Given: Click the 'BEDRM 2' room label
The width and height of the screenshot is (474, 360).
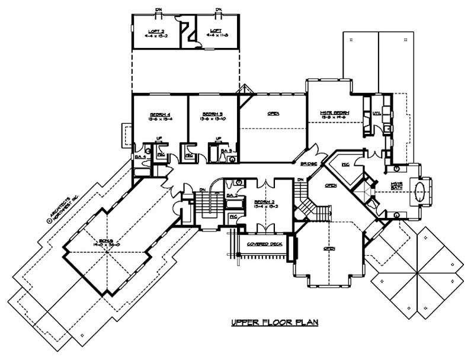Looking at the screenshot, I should click(x=261, y=201).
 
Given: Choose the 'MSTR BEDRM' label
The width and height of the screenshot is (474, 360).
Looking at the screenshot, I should click(x=335, y=112).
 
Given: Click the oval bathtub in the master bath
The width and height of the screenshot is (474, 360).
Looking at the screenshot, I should click(x=419, y=193).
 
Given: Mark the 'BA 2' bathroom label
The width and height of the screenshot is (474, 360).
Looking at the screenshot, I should click(x=233, y=194).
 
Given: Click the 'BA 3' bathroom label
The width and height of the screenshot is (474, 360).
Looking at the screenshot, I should click(x=226, y=152).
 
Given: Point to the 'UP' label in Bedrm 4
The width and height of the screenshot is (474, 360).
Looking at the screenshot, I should click(x=159, y=139).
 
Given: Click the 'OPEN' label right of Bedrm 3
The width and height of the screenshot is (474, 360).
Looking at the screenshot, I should click(x=274, y=114).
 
